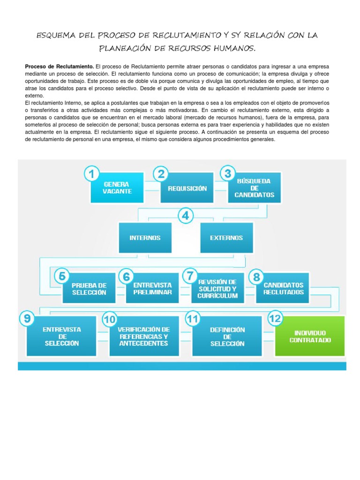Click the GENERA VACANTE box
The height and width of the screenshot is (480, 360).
point(118,188)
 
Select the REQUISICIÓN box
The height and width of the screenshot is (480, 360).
point(187,188)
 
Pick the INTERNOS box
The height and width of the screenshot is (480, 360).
point(145,238)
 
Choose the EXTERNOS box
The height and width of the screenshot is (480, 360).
point(226,238)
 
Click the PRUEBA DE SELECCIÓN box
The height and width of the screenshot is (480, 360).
point(89,289)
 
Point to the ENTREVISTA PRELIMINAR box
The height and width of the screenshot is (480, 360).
point(152,288)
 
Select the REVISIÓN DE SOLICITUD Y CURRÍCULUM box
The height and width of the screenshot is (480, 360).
point(217,288)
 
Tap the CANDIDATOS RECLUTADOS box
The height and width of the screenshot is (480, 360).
point(283,288)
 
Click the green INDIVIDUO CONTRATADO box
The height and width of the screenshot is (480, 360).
point(310,336)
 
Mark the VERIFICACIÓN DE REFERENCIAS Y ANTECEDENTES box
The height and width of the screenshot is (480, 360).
point(144,336)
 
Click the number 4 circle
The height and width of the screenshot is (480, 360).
point(186,216)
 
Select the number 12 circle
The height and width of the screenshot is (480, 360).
point(276,319)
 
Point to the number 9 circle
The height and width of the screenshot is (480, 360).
point(28,319)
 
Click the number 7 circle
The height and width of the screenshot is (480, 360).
point(189,276)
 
